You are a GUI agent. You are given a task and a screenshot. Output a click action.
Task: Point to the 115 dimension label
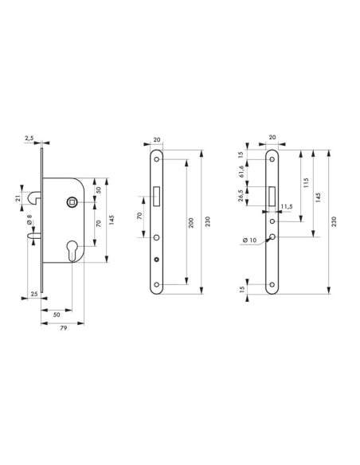click(x=306, y=182)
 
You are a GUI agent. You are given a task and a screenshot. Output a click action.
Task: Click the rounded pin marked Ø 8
click(x=34, y=236)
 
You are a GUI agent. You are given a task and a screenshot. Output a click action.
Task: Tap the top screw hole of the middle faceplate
click(x=157, y=158)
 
